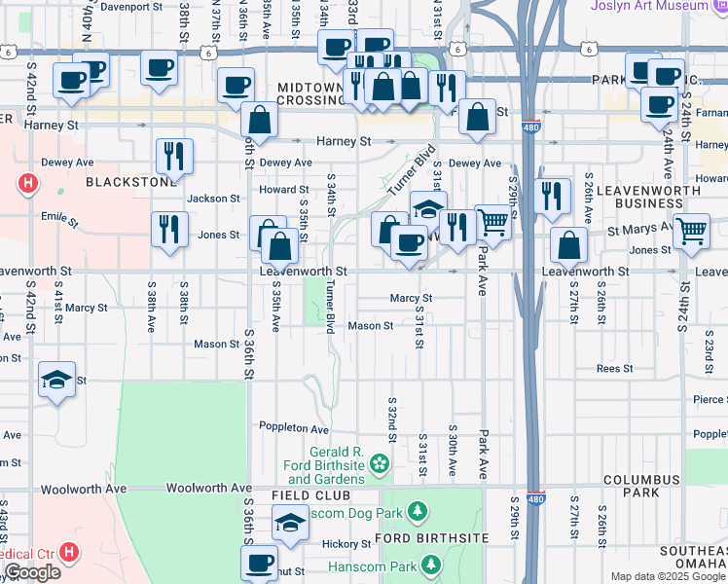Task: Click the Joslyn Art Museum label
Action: pyautogui.click(x=651, y=6)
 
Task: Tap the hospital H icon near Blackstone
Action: pyautogui.click(x=28, y=182)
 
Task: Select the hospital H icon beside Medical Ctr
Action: pyautogui.click(x=68, y=553)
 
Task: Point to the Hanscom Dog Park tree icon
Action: pyautogui.click(x=418, y=511)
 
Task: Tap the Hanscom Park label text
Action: pyautogui.click(x=378, y=564)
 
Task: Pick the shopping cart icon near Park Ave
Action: pyautogui.click(x=493, y=223)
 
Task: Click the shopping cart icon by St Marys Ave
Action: pyautogui.click(x=691, y=231)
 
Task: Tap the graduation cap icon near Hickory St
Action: pyautogui.click(x=289, y=524)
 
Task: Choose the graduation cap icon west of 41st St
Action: pyautogui.click(x=56, y=379)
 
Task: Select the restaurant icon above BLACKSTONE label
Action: pyautogui.click(x=174, y=155)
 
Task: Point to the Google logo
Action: pyautogui.click(x=33, y=573)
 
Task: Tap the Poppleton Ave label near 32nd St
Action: pyautogui.click(x=294, y=427)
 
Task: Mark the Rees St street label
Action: pyautogui.click(x=614, y=369)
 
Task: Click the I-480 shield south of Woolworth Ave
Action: pyautogui.click(x=533, y=498)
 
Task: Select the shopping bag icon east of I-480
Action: pyautogui.click(x=568, y=244)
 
